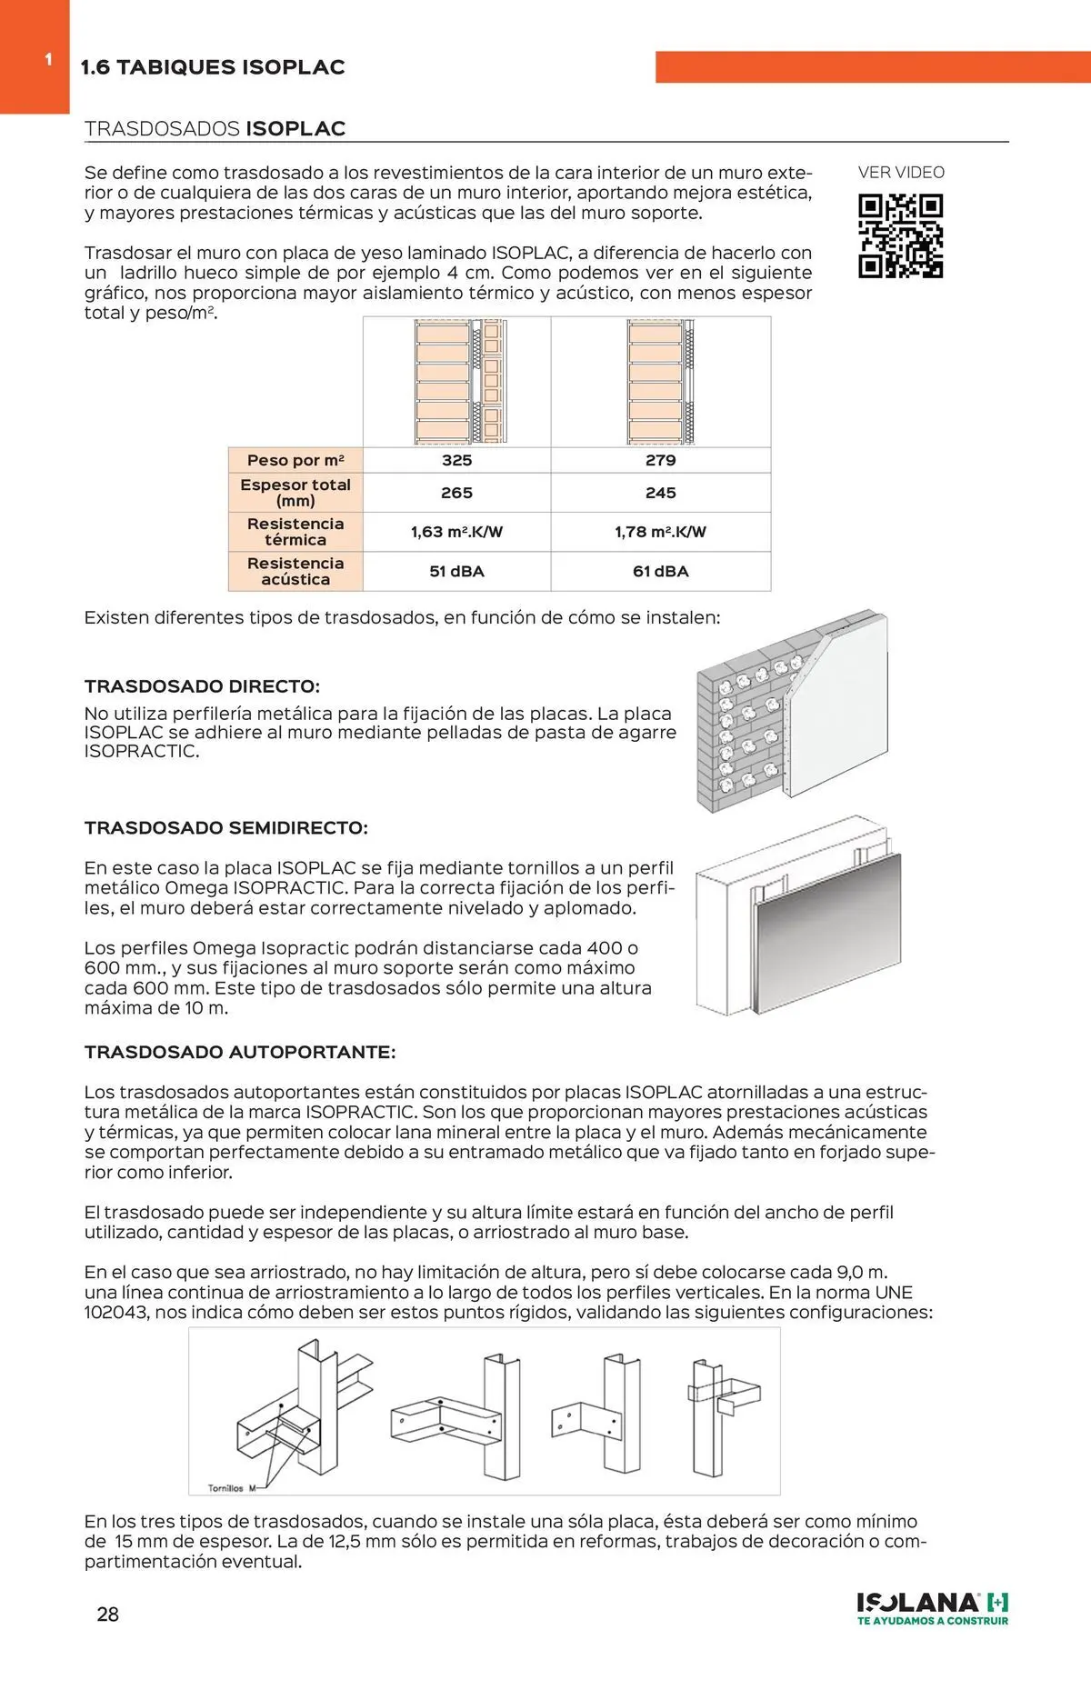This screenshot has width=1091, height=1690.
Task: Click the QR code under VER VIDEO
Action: click(900, 235)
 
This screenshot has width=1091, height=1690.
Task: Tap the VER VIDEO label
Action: click(901, 173)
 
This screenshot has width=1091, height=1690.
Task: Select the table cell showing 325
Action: click(456, 460)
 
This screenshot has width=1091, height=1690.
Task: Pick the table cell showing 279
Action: click(660, 460)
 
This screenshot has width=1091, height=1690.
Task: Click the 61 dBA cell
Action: click(660, 572)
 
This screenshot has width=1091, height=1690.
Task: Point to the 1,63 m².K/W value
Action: click(456, 532)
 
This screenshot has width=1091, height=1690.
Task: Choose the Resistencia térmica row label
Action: click(295, 532)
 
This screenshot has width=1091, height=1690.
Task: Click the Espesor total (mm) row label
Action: click(295, 493)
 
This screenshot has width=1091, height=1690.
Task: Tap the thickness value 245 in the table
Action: click(660, 493)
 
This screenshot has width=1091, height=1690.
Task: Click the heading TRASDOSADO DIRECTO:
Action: click(202, 686)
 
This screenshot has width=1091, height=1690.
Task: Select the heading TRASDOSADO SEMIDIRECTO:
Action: click(225, 828)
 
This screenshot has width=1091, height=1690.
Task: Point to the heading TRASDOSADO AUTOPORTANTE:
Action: click(239, 1052)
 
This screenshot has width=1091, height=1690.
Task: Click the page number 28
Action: click(107, 1615)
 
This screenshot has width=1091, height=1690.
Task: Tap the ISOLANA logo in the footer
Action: click(932, 1608)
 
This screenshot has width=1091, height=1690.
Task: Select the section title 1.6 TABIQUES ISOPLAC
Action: click(213, 67)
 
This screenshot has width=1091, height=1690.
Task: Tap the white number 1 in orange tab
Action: click(48, 60)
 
